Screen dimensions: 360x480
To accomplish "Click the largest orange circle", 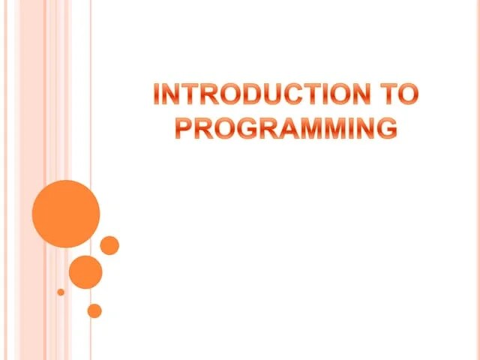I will coord(66,214).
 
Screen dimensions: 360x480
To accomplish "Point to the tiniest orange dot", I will coord(61,292).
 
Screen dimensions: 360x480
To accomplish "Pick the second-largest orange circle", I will coord(85,271).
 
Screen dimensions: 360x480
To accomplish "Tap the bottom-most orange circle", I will coord(94,310).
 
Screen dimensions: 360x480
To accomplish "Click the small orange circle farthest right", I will coord(109,245).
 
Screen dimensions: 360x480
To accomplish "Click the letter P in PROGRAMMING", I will coord(184,128).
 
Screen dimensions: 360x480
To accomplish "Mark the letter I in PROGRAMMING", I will coord(351,128).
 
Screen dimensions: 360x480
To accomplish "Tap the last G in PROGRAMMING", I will coord(386,128).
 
